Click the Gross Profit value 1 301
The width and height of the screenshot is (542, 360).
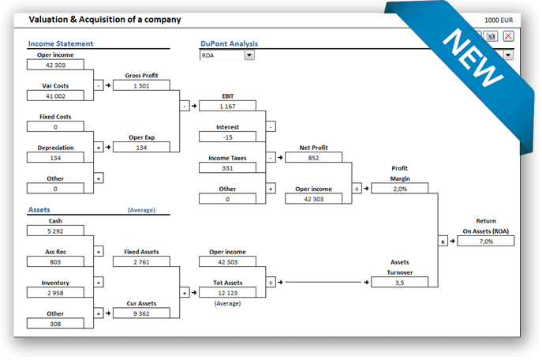(141, 85)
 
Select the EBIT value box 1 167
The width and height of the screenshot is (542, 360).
(227, 106)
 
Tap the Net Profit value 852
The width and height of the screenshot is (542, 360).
(313, 157)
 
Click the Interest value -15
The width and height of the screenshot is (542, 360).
(227, 137)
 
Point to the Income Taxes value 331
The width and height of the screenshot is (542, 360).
(227, 167)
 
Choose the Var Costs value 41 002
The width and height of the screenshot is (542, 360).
(55, 96)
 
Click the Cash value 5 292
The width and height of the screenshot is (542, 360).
(55, 231)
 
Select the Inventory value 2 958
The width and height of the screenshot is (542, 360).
(55, 291)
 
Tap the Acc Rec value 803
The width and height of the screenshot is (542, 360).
(55, 261)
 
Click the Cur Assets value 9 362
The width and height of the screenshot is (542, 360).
(141, 313)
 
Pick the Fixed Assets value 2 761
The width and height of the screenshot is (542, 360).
(141, 261)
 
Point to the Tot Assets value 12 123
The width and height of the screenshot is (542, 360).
(227, 292)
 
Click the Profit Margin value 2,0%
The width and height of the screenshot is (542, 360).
(399, 188)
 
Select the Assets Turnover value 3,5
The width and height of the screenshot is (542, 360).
(399, 281)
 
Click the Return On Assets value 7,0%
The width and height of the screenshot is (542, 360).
(485, 241)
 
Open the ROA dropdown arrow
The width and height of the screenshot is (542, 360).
(249, 55)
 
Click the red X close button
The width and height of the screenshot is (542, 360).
(508, 36)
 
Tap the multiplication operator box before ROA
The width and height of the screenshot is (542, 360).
(443, 240)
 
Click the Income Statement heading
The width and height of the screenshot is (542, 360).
(61, 43)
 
